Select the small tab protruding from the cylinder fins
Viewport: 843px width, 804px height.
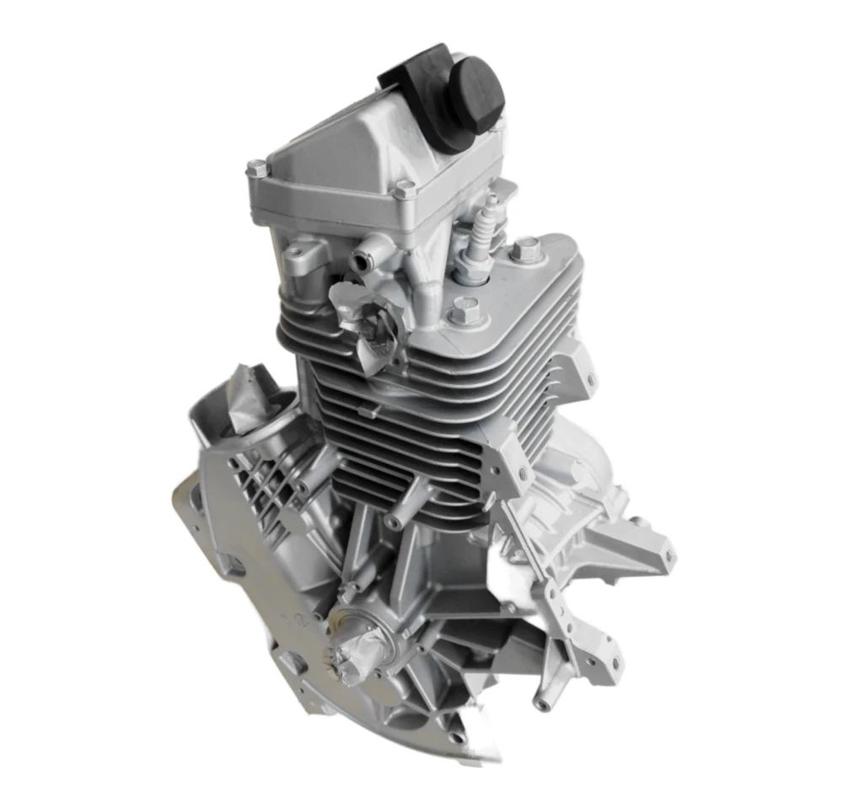pos(364,410)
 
